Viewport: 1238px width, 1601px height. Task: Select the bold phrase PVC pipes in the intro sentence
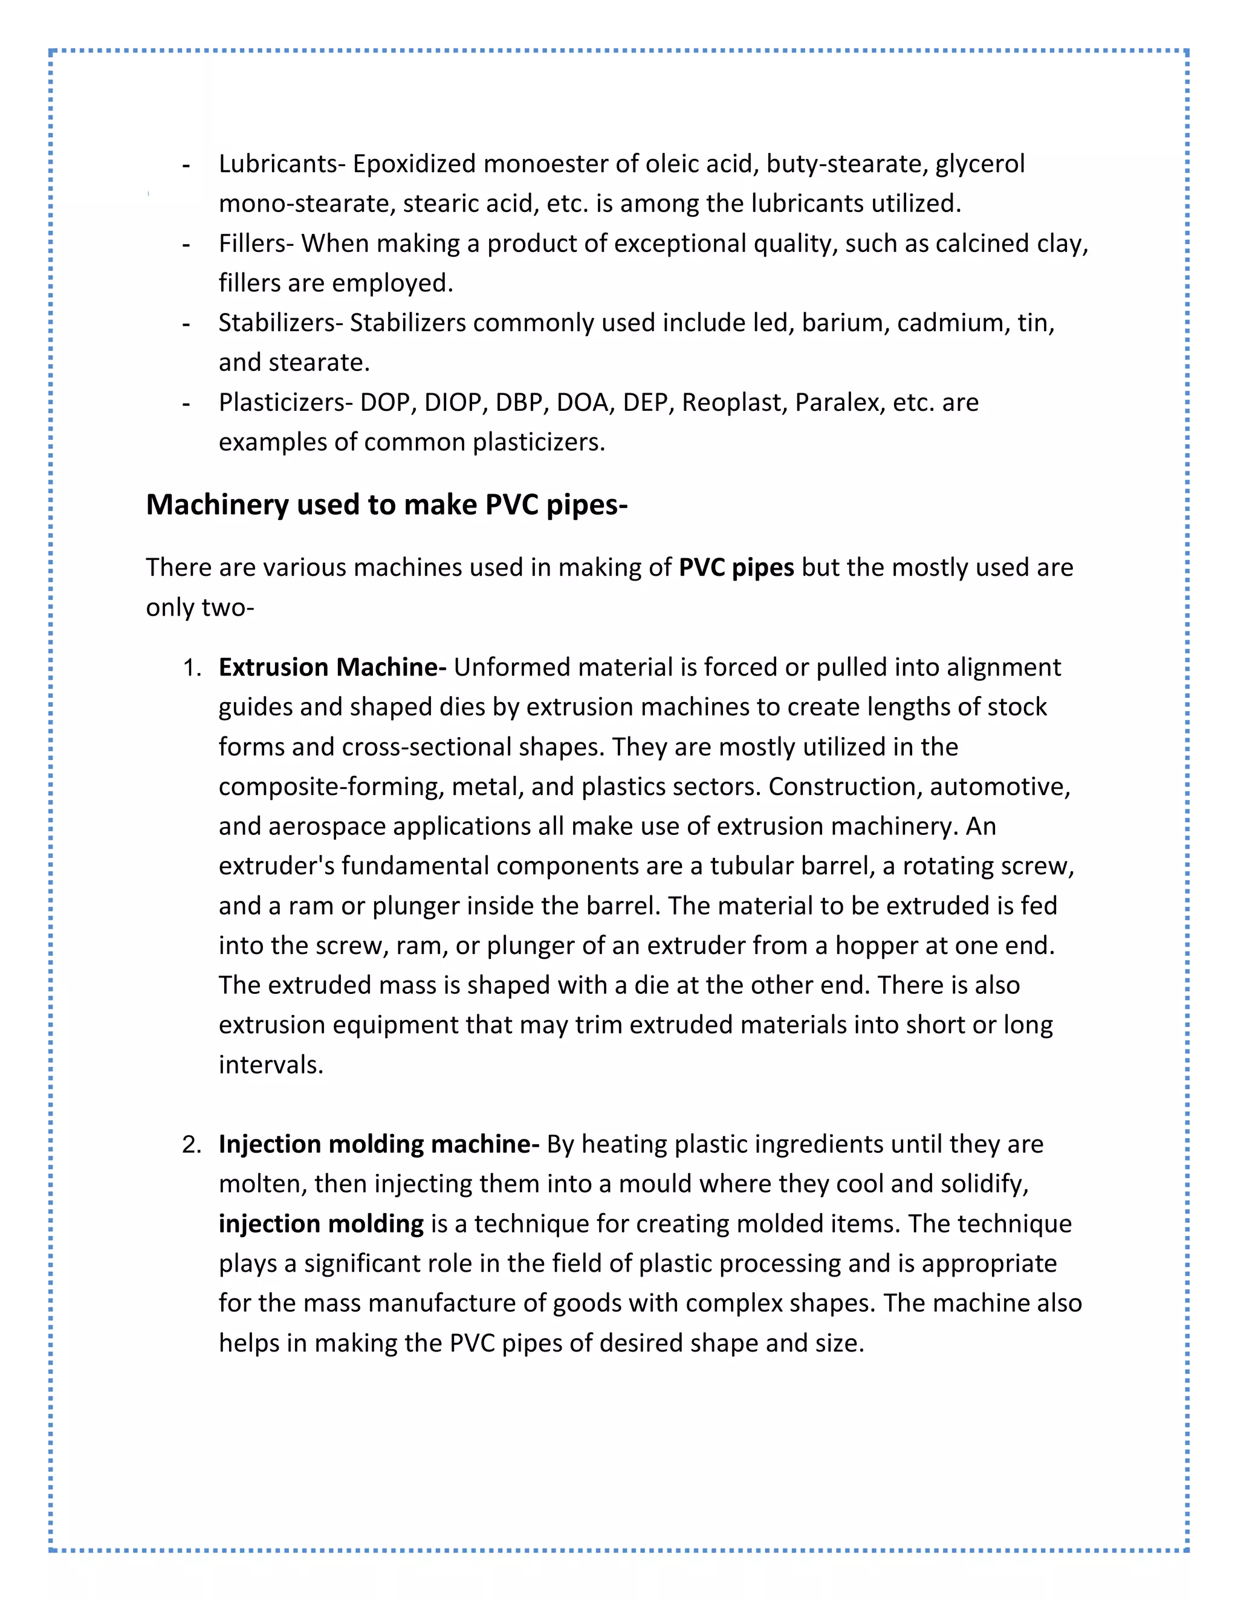pyautogui.click(x=736, y=567)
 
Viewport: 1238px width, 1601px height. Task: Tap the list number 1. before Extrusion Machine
pyautogui.click(x=192, y=668)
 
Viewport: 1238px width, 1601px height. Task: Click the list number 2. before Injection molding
pyautogui.click(x=192, y=1144)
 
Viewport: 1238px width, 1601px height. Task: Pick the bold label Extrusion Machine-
pyautogui.click(x=332, y=668)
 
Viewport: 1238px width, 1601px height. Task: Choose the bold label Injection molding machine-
pyautogui.click(x=379, y=1144)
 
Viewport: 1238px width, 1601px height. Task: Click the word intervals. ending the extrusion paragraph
pyautogui.click(x=271, y=1065)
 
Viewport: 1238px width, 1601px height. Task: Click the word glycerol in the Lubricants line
pyautogui.click(x=980, y=164)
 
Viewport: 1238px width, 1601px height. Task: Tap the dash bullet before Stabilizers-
pyautogui.click(x=186, y=323)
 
